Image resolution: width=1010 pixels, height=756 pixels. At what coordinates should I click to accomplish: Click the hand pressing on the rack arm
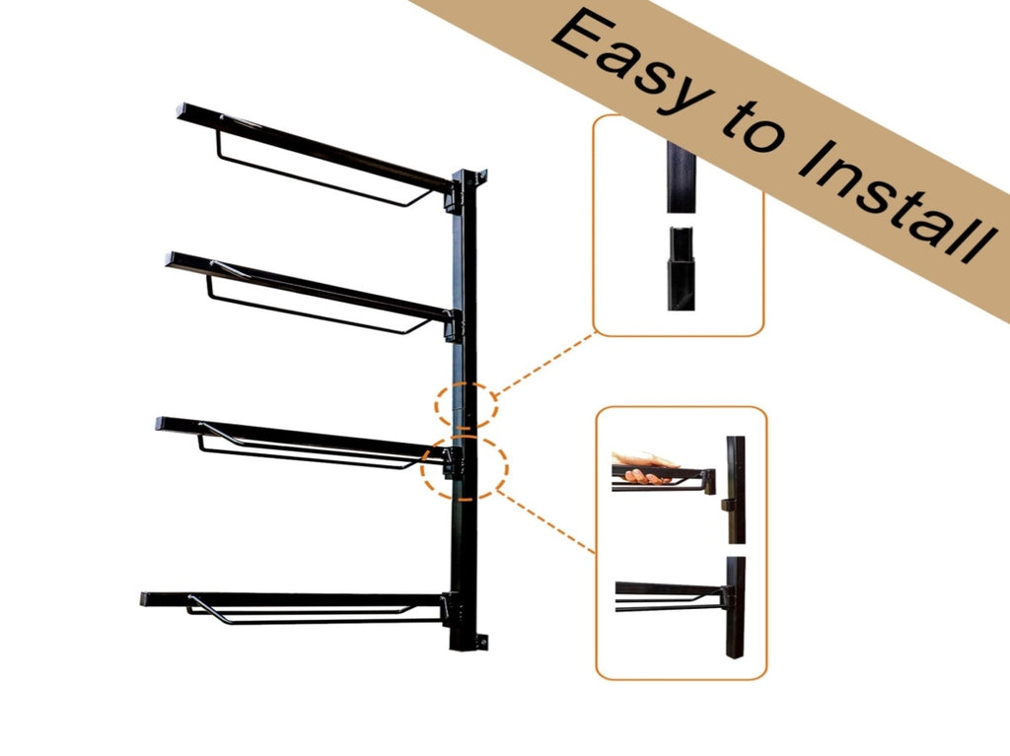(x=644, y=467)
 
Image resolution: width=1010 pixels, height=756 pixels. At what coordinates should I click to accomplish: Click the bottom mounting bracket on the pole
(x=480, y=642)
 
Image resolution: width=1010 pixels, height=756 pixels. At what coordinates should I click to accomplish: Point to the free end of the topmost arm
(x=181, y=110)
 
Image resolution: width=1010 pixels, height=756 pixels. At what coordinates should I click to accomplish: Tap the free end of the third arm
(x=161, y=425)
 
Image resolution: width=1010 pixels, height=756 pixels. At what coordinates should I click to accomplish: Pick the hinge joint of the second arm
(x=453, y=325)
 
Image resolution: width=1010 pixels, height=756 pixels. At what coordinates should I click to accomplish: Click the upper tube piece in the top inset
(x=681, y=176)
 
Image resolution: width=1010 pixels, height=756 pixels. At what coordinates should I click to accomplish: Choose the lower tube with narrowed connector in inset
(x=681, y=268)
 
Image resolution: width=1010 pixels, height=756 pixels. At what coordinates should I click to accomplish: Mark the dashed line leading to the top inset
(x=545, y=363)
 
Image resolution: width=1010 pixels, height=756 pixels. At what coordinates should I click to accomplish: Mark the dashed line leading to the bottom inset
(x=547, y=521)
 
